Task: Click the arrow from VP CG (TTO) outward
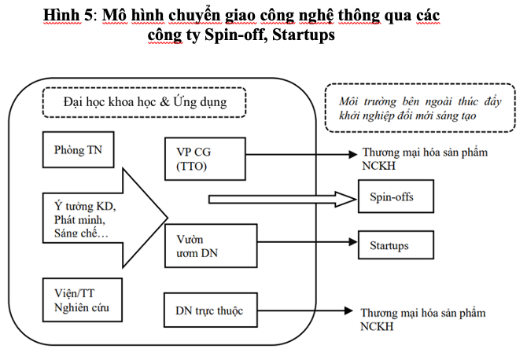click(x=301, y=155)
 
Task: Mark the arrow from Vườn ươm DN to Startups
click(x=308, y=242)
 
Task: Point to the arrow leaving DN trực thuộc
click(x=305, y=310)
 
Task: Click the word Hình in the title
click(x=62, y=15)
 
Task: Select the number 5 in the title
click(x=88, y=15)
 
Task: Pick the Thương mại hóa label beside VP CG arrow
click(x=425, y=159)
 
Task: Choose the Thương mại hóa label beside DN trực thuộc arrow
click(x=423, y=319)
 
